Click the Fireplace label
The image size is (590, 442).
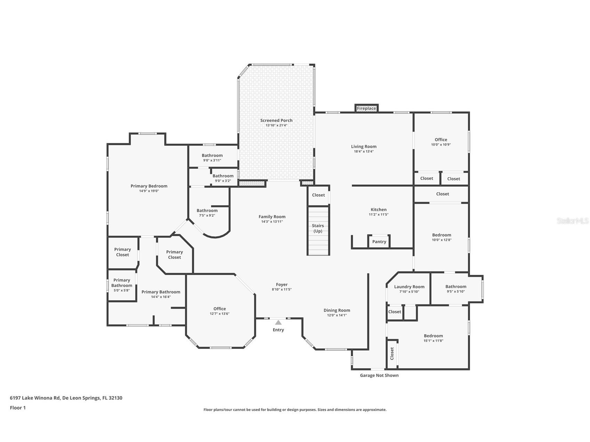[366, 108]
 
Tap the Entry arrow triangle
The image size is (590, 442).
[278, 322]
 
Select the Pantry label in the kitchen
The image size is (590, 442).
[379, 242]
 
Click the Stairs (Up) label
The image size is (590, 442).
[318, 228]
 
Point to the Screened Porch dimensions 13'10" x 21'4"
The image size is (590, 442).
[276, 125]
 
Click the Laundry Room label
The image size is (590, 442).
[409, 287]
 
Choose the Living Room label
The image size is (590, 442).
[364, 146]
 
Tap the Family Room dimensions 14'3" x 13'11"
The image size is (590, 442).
[272, 222]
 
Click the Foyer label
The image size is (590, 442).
[282, 285]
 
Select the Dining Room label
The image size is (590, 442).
[337, 310]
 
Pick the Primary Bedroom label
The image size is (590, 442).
[149, 186]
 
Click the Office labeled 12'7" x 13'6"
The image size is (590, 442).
[219, 309]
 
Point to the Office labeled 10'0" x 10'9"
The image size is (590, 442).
[441, 140]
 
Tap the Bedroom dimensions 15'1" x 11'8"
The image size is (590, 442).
[433, 341]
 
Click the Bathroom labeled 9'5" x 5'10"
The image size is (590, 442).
[455, 287]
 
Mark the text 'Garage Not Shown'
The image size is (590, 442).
[379, 375]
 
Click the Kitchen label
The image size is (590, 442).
[378, 210]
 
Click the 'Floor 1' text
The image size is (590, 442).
[18, 408]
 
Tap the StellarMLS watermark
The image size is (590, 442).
[572, 221]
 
